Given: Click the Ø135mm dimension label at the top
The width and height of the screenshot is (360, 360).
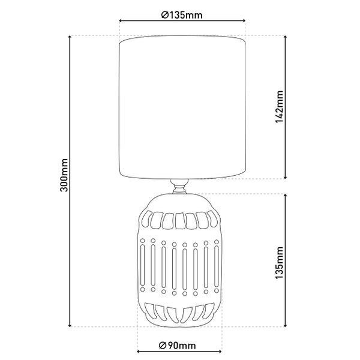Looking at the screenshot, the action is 182,15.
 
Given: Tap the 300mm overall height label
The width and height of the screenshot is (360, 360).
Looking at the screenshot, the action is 64,175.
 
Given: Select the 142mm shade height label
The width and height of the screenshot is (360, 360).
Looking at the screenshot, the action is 280,107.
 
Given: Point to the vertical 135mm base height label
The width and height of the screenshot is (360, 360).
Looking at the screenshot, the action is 280,263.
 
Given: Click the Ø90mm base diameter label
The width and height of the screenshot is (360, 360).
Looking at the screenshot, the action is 177,346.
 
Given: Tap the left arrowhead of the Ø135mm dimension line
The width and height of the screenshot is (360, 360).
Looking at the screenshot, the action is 121,20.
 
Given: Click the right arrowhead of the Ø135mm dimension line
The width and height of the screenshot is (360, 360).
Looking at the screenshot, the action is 244,20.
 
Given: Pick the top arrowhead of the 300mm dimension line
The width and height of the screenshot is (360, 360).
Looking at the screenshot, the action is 70,37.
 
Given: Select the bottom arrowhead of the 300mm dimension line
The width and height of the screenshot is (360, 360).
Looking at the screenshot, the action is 70,325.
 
